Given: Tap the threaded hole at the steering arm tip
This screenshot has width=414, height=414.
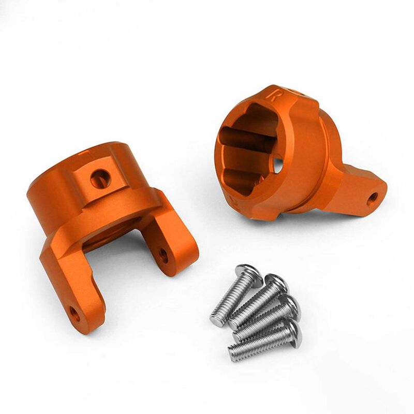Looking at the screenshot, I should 372,197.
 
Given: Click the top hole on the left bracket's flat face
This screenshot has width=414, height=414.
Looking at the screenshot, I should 100,179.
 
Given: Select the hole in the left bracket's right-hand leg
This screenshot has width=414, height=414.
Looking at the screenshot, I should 164,254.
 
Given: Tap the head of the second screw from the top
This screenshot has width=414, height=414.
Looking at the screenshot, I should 276,285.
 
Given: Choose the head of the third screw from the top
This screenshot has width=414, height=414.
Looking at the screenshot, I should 290,306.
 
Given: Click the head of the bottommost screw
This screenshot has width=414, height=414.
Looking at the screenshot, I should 292,331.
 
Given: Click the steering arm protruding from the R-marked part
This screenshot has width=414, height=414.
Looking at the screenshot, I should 357,189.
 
